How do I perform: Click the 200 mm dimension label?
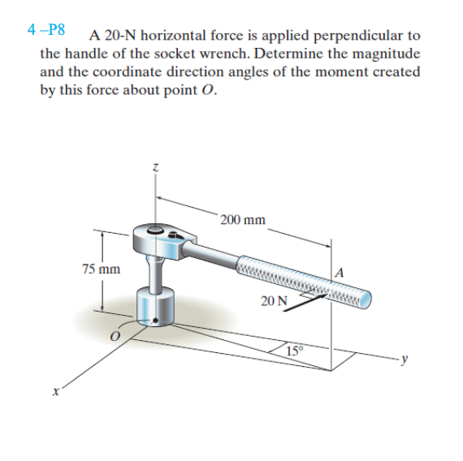pos(243,220)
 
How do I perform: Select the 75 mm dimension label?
pos(100,269)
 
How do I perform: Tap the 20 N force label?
pos(274,301)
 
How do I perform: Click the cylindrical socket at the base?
pos(157,307)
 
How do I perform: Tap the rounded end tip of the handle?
pos(368,301)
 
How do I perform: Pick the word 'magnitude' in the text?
pos(387,54)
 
